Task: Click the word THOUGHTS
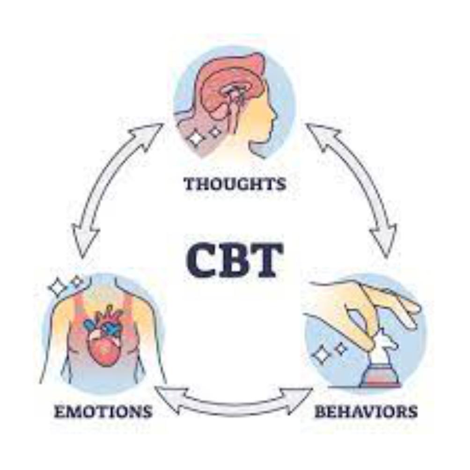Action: coord(235,184)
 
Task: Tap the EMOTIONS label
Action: coord(103,411)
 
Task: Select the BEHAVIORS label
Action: coord(366,411)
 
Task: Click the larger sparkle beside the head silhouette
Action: coord(196,138)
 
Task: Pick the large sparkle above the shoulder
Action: coord(59,287)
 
